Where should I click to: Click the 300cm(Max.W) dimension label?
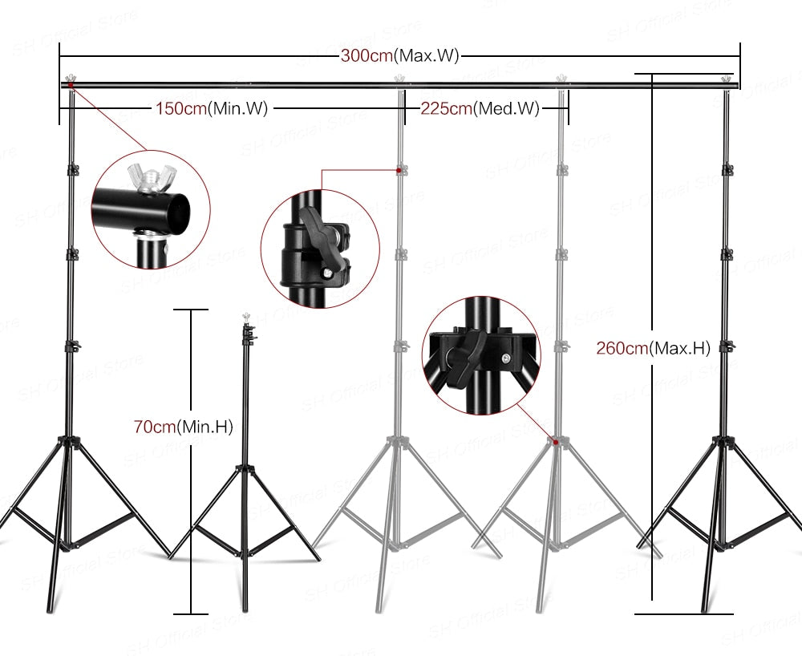399,56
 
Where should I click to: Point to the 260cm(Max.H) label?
653,348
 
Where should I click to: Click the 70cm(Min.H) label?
183,427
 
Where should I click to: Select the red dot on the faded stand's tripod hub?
554,440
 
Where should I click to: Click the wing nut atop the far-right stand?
727,79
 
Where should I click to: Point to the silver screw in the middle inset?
329,274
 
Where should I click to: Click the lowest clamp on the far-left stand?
72,346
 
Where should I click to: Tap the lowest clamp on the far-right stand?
727,346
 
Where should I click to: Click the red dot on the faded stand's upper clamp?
399,170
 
